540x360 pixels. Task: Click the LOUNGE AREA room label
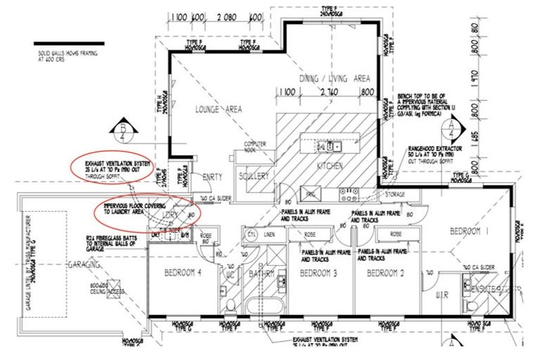click(219, 109)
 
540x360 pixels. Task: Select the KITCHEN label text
click(329, 166)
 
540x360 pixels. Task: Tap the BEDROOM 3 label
click(319, 273)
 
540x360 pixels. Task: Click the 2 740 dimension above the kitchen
click(329, 91)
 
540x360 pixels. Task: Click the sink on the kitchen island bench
click(332, 147)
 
